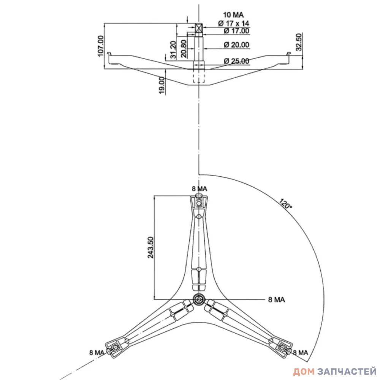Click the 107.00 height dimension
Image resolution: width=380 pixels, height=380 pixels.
click(x=101, y=46)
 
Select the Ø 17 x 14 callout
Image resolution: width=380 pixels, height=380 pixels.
click(x=233, y=23)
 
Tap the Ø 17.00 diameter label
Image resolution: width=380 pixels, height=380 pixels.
click(x=236, y=31)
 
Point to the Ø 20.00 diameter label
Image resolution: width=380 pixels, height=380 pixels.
click(x=236, y=45)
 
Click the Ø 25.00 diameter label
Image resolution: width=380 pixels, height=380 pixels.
click(x=236, y=61)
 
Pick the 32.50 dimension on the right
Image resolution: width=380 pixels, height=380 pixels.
click(x=299, y=42)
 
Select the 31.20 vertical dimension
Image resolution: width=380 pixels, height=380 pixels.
click(x=173, y=49)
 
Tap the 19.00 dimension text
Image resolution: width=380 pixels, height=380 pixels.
click(x=162, y=85)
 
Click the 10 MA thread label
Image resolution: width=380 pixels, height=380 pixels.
click(x=233, y=15)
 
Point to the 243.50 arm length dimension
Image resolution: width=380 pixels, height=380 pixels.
click(x=150, y=247)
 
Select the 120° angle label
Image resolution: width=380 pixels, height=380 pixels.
click(x=286, y=204)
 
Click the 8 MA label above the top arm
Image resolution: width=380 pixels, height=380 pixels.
click(x=199, y=189)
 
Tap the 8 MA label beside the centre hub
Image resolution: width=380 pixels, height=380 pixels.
click(x=277, y=300)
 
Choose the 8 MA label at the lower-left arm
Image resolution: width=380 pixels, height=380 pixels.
click(x=97, y=352)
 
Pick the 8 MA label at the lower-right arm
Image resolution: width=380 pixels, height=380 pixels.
click(x=300, y=352)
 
